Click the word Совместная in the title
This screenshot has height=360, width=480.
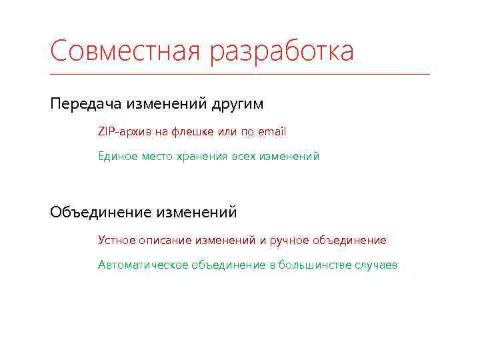[125, 51]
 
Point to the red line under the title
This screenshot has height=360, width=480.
[240, 74]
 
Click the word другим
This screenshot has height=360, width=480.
[237, 105]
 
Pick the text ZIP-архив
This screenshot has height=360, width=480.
[124, 132]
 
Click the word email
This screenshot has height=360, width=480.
[271, 132]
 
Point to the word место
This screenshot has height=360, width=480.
[157, 156]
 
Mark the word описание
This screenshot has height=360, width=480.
[165, 240]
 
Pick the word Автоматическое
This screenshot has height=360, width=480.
[143, 265]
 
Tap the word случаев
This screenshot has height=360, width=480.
[375, 265]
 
